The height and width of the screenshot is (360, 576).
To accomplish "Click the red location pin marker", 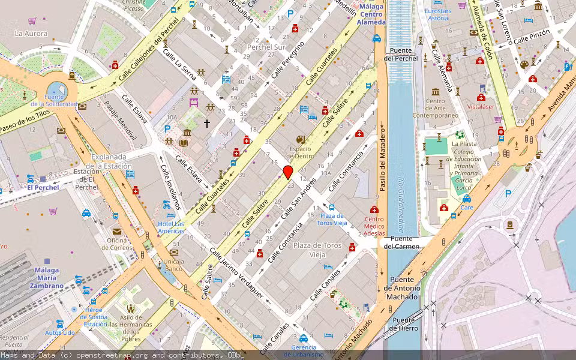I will pos(288,173).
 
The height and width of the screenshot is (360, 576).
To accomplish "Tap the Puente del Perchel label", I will pos(401,55).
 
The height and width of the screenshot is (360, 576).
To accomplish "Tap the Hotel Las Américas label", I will pos(170,227).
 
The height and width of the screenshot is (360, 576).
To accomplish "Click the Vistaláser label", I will pos(480,106).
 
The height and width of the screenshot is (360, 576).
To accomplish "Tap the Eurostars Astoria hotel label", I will pos(437,14).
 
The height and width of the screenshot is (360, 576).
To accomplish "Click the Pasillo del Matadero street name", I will pos(381,156).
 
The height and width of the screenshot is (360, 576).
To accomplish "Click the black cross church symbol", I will pos(207,123).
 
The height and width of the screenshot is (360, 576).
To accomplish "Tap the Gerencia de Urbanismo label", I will pos(308,351).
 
